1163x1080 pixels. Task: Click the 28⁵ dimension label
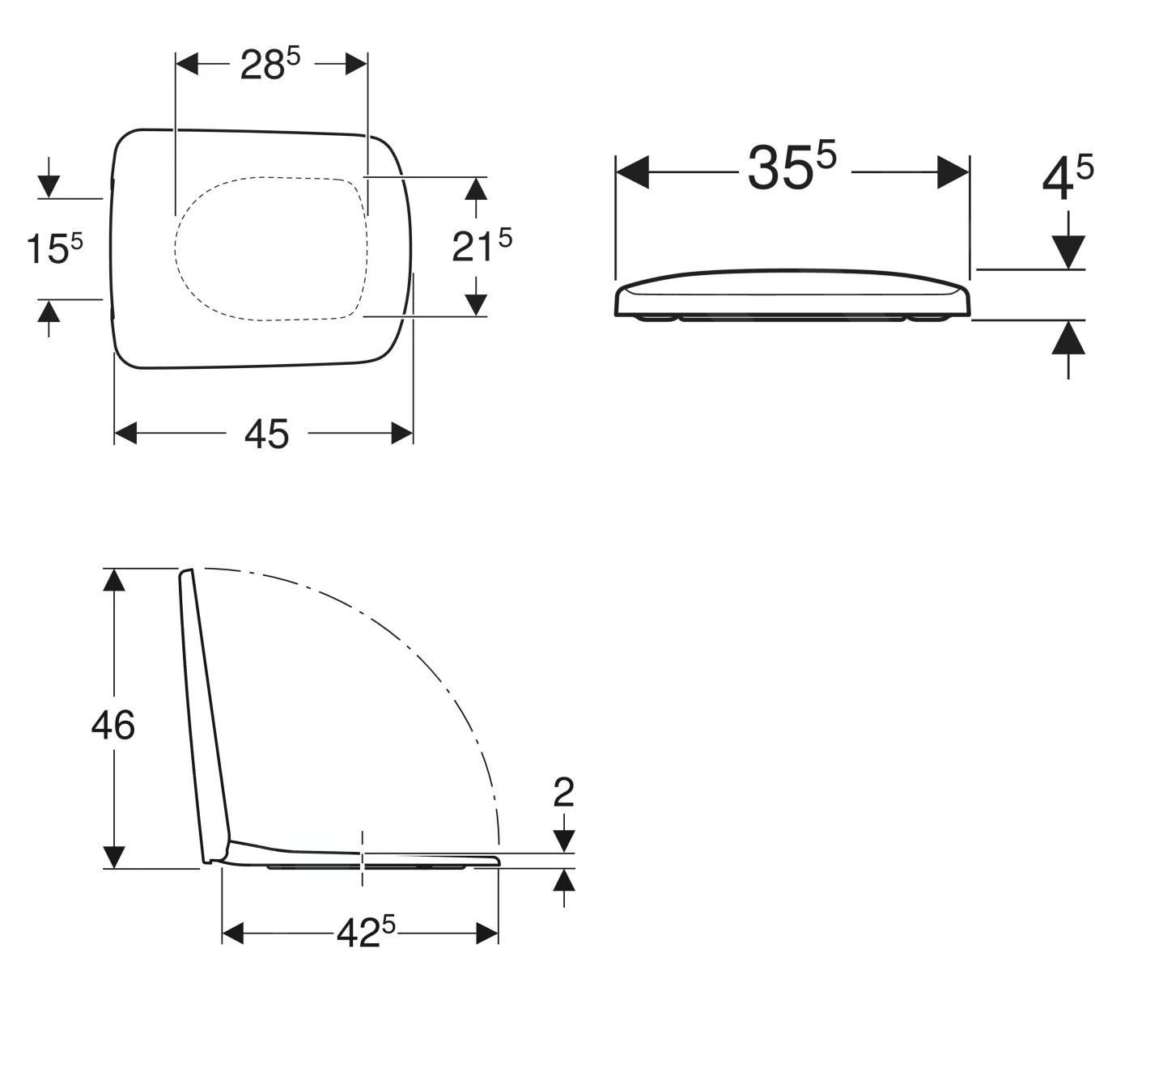[270, 64]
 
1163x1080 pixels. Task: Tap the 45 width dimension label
[267, 434]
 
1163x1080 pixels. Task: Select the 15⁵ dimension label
[55, 248]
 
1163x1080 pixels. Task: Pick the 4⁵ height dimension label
[1067, 176]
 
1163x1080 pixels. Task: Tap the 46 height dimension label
[113, 726]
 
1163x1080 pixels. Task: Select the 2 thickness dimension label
[563, 793]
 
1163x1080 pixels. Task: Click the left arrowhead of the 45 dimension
[125, 433]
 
